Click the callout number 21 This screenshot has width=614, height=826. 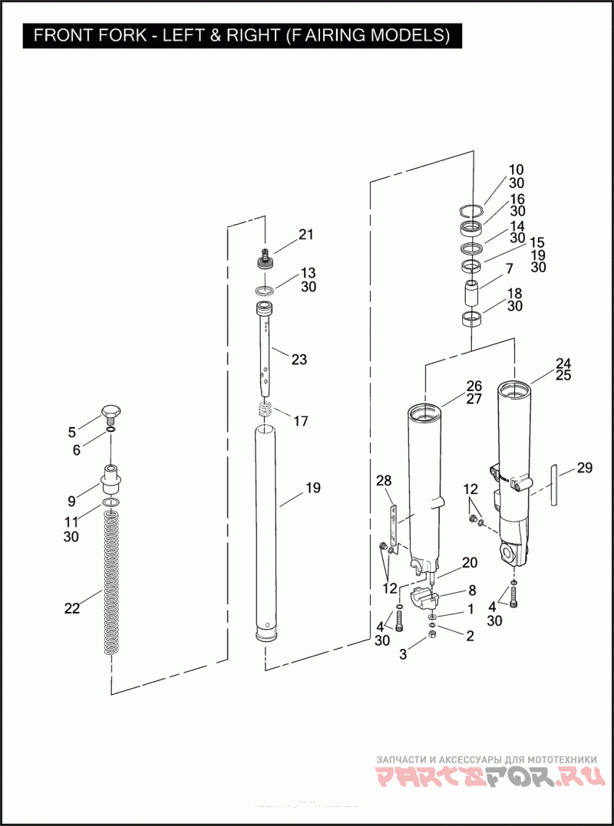306,235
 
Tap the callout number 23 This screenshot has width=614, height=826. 299,359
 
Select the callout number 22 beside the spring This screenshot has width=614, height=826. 72,608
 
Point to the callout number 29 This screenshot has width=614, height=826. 585,468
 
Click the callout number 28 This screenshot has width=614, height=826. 384,481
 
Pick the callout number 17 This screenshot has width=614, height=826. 301,421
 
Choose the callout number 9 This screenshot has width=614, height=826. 71,502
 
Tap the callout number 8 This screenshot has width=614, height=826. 470,591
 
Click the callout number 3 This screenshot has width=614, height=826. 402,653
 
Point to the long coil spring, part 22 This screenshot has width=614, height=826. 113,583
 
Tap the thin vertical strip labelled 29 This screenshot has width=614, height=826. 553,483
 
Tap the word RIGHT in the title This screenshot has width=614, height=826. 248,36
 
